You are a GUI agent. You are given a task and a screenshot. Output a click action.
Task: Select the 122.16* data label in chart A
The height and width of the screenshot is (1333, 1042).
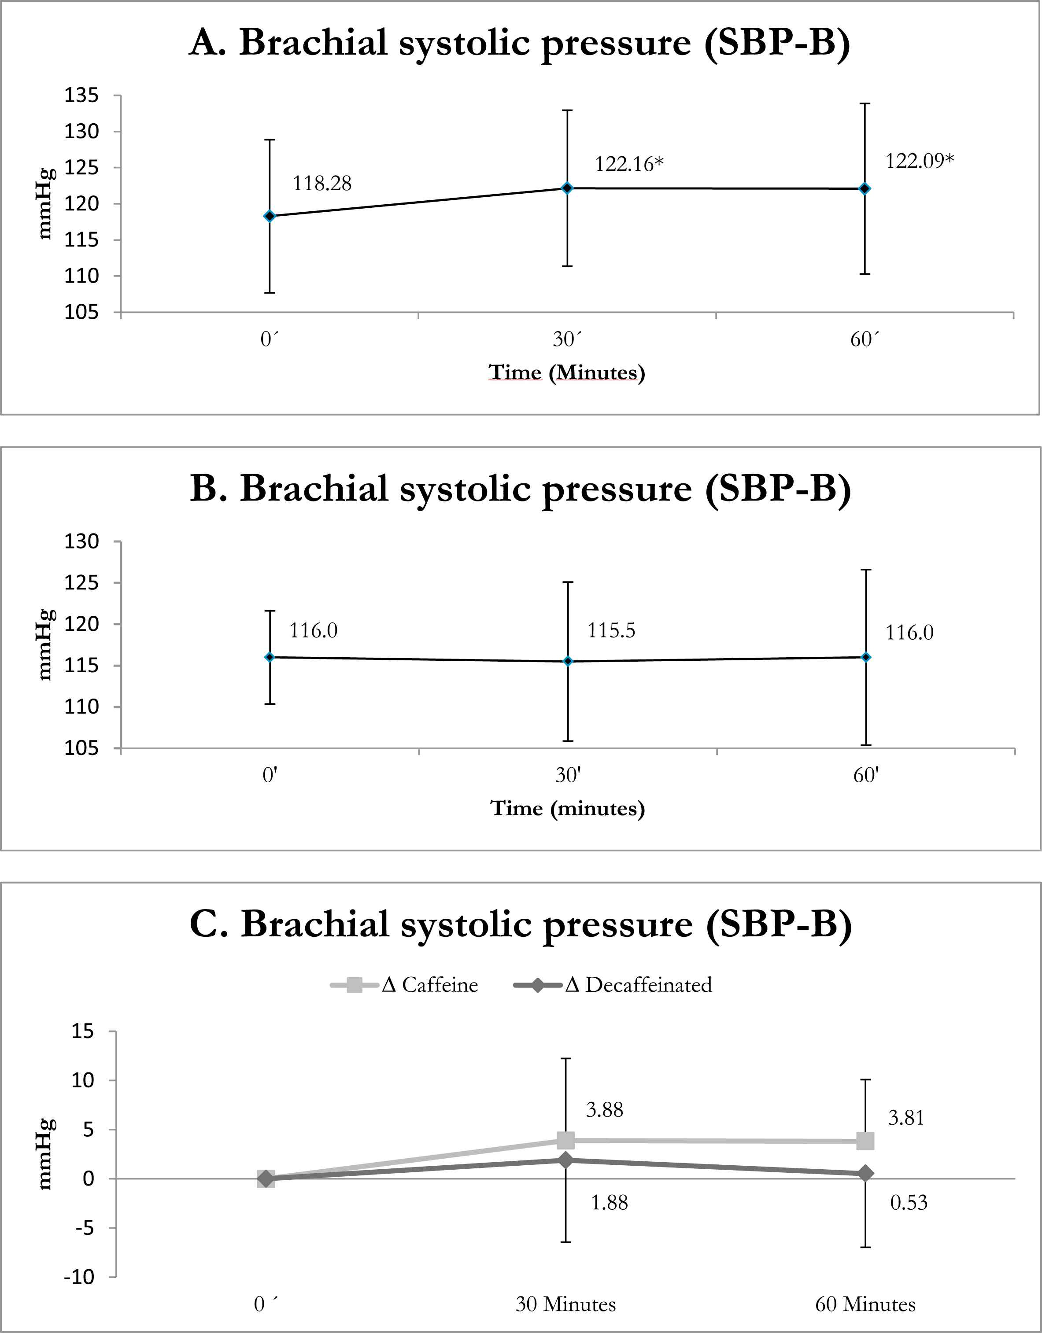629,164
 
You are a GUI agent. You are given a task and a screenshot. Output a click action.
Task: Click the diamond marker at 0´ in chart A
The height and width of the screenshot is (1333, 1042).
270,216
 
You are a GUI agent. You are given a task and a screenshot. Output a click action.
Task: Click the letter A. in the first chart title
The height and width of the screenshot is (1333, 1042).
208,43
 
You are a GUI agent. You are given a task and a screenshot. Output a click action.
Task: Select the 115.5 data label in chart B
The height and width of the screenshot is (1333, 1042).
611,630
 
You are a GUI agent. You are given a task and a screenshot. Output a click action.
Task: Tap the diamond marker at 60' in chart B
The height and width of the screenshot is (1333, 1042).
865,657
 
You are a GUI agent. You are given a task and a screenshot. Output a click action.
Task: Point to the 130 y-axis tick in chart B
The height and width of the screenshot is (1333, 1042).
81,541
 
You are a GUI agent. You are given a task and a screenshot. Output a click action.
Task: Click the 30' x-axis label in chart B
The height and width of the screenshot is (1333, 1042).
568,775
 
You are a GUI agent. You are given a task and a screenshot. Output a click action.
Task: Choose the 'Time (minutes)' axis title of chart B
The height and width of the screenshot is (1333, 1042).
568,808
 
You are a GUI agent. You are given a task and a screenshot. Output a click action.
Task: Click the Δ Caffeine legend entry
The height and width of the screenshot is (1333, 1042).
404,984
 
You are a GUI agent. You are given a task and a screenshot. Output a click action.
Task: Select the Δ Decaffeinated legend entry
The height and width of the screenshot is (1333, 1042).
613,984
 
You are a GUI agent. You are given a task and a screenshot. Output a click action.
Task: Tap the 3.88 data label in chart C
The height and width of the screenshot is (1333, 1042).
604,1110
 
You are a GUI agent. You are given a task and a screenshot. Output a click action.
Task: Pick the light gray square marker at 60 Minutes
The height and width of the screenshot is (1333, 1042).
865,1141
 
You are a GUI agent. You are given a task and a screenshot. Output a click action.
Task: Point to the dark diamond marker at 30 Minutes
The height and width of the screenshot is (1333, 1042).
566,1160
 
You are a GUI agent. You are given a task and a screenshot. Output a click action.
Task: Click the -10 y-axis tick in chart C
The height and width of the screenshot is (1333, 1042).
79,1277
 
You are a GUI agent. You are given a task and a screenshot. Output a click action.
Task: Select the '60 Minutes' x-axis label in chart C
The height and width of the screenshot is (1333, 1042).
865,1304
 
